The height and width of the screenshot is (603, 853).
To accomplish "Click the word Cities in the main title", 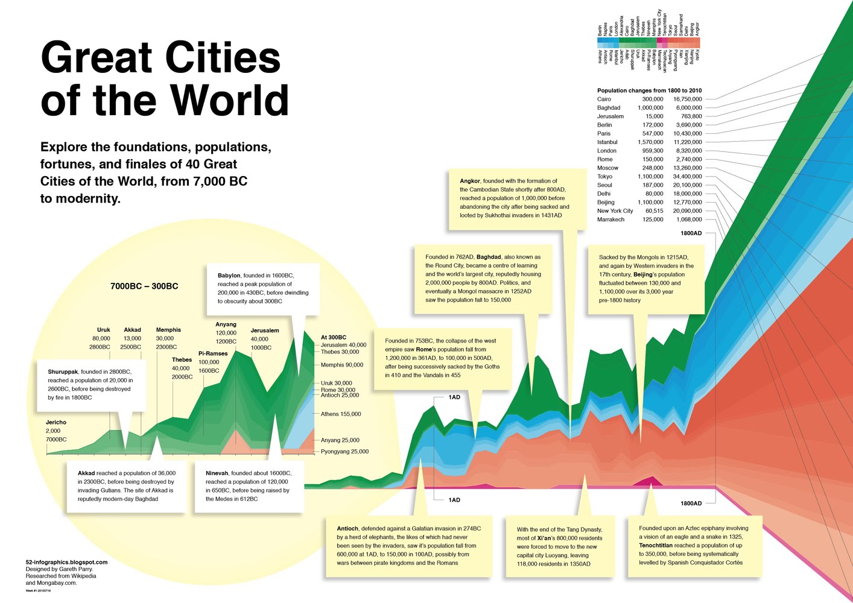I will tap(223, 58).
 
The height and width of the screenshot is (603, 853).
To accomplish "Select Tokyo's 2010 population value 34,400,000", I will tap(687, 177).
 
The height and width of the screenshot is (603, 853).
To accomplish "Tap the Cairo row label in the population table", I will tap(604, 99).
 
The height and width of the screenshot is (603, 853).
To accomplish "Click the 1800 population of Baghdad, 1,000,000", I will tap(650, 108).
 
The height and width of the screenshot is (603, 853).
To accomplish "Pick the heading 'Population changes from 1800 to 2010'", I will tap(649, 90).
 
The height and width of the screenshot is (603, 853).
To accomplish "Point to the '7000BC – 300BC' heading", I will tap(144, 286).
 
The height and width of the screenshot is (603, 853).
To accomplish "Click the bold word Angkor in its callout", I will tap(470, 181).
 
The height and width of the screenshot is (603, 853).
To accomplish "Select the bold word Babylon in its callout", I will tap(229, 276).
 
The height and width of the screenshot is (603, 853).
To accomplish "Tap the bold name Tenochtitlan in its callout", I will tap(656, 545).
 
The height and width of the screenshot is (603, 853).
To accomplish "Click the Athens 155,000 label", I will tap(340, 414).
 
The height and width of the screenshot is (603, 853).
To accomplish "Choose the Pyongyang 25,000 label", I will tap(344, 452).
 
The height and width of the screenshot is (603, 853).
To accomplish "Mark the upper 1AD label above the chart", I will tap(454, 397).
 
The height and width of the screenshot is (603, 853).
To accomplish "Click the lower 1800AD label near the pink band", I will tap(691, 503).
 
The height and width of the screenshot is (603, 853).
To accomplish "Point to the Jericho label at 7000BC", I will tap(56, 423).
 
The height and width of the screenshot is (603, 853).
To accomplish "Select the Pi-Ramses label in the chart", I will tap(213, 354).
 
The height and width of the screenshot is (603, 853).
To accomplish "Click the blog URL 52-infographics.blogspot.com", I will tap(66, 562).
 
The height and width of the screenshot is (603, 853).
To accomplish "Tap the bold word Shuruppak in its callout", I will tap(63, 372).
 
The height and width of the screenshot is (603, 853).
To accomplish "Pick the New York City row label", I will tap(615, 211).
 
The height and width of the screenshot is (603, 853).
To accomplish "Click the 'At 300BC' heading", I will tap(333, 338).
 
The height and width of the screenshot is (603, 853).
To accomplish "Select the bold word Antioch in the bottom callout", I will tap(347, 529).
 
